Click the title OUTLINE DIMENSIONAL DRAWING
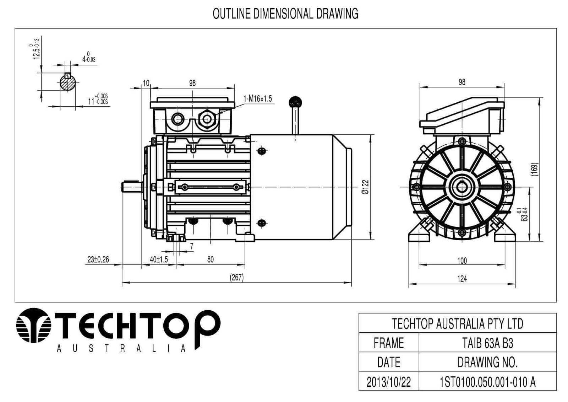285,14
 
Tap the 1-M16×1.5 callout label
257,99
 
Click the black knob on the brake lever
295,102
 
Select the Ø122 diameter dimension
365,187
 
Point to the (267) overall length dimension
237,277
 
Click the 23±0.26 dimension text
98,259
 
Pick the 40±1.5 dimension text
159,259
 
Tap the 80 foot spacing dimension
210,259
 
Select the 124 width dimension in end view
461,279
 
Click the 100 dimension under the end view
461,261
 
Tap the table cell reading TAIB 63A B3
487,343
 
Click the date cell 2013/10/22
388,382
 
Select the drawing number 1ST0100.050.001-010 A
487,382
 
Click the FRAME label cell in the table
388,343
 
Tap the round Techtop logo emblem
34,325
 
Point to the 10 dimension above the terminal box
146,83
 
